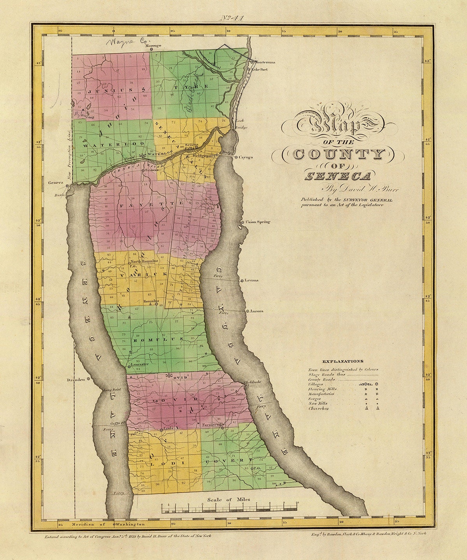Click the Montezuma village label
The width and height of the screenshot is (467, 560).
click(x=265, y=62)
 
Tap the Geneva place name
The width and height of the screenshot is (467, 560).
click(x=56, y=183)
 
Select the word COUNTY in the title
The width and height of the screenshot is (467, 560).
click(x=337, y=155)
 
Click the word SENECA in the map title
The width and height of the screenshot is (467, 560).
click(x=337, y=176)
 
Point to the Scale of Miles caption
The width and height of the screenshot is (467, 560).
click(x=229, y=500)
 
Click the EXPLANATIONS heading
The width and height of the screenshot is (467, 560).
click(x=343, y=361)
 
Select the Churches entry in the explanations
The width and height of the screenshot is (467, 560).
click(x=318, y=409)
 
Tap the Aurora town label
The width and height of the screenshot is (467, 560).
click(x=257, y=311)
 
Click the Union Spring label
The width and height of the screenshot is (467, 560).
click(x=258, y=222)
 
